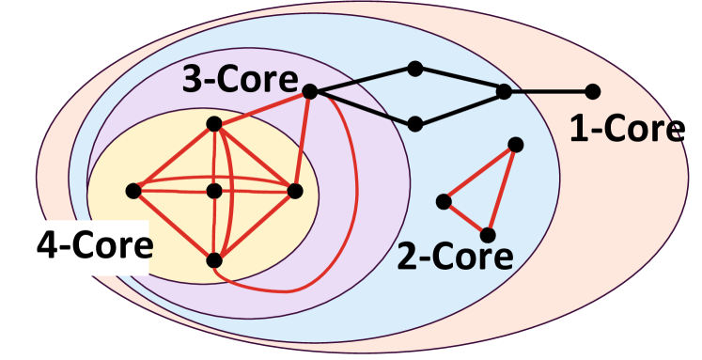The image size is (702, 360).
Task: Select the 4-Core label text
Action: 94,246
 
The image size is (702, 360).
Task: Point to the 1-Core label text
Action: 627,131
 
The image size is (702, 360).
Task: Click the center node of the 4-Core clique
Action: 214,191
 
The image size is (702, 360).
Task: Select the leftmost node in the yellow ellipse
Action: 133,191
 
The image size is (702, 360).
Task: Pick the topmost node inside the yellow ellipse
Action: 214,123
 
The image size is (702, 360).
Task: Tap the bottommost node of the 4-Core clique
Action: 214,258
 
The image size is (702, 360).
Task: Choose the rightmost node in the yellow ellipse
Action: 295,191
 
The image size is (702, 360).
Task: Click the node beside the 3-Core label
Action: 310,91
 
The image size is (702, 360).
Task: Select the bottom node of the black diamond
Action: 414,122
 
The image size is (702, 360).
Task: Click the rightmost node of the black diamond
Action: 504,91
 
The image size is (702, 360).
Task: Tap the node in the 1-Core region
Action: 592,91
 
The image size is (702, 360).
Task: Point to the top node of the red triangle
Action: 515,144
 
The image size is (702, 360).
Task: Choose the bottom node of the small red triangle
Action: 488,234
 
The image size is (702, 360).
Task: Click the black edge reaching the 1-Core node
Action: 548,91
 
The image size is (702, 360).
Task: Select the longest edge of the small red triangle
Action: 502,189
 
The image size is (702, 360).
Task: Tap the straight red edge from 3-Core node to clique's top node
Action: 262,107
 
